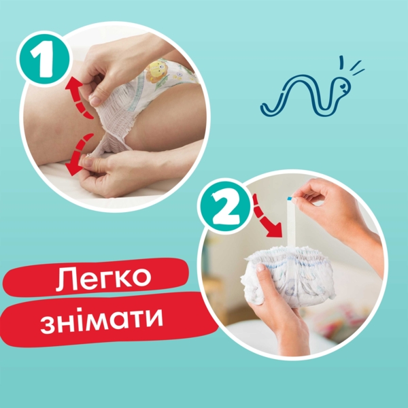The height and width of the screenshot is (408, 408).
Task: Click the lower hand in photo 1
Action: (x=126, y=170)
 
